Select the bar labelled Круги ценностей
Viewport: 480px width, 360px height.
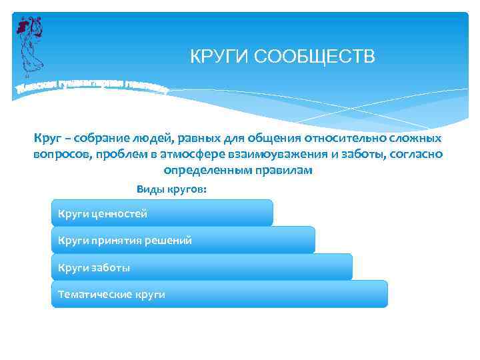[x=162, y=213]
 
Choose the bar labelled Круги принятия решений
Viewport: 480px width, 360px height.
[x=183, y=240]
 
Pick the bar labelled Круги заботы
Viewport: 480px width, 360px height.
[x=201, y=267]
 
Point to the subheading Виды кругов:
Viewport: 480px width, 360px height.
[x=171, y=189]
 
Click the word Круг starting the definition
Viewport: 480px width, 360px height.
[x=47, y=138]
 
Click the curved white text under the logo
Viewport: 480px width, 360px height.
[x=90, y=86]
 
